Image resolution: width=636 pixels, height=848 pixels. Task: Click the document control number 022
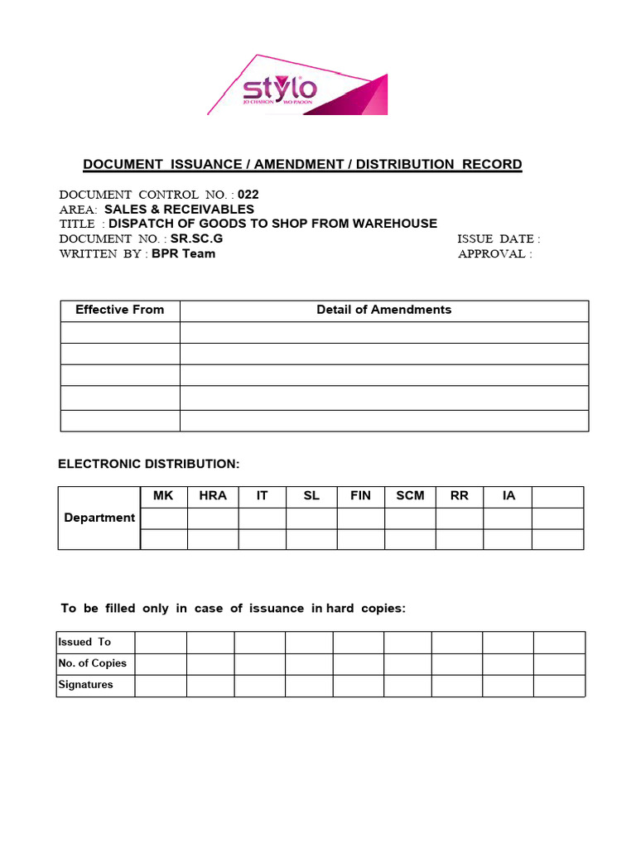click(248, 195)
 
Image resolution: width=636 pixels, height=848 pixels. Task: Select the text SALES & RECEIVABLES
click(179, 210)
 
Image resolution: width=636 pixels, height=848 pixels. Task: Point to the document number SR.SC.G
click(196, 238)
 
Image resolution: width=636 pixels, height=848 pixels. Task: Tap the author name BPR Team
click(183, 253)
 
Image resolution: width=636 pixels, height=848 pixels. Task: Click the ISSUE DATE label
click(499, 238)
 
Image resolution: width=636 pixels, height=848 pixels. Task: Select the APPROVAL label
click(494, 253)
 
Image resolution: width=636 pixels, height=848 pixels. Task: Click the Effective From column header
click(120, 310)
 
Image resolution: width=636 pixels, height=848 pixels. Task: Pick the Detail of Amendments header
click(384, 310)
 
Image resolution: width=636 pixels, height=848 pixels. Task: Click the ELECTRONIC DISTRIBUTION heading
click(149, 465)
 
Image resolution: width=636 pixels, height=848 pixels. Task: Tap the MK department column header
click(163, 496)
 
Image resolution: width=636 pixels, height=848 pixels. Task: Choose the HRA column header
click(213, 496)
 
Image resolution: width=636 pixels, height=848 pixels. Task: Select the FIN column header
click(361, 496)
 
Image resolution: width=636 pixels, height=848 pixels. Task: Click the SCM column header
click(410, 496)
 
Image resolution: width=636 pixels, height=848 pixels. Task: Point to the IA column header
click(508, 496)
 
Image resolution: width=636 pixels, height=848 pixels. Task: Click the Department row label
click(99, 518)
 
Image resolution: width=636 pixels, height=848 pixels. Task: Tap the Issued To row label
click(84, 642)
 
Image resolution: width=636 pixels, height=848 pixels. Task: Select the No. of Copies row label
click(92, 663)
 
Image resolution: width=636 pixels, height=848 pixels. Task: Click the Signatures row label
click(86, 685)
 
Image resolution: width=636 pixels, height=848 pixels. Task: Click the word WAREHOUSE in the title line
click(394, 224)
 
